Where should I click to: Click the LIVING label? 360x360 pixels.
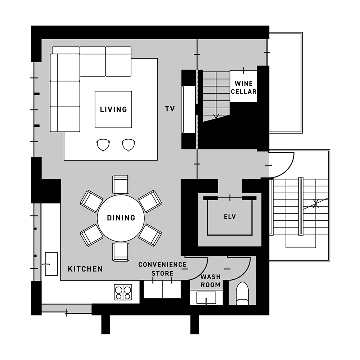pyautogui.click(x=113, y=109)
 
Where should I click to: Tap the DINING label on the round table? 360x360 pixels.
pyautogui.click(x=121, y=218)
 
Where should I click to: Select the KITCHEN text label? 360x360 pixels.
pyautogui.click(x=85, y=269)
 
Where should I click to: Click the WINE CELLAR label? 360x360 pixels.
pyautogui.click(x=244, y=87)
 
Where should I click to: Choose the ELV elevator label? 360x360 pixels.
pyautogui.click(x=230, y=217)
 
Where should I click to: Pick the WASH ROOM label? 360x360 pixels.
pyautogui.click(x=211, y=280)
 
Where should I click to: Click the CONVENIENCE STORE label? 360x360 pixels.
pyautogui.click(x=163, y=269)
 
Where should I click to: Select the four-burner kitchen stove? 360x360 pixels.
pyautogui.click(x=123, y=292)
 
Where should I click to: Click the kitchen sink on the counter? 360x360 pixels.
pyautogui.click(x=51, y=264)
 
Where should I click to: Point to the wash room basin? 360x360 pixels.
pyautogui.click(x=206, y=298)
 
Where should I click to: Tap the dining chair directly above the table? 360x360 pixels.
pyautogui.click(x=121, y=184)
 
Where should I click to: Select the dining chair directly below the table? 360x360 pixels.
pyautogui.click(x=121, y=251)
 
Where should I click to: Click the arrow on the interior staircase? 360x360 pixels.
pyautogui.click(x=216, y=116)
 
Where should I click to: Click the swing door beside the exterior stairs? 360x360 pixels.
pyautogui.click(x=283, y=164)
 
